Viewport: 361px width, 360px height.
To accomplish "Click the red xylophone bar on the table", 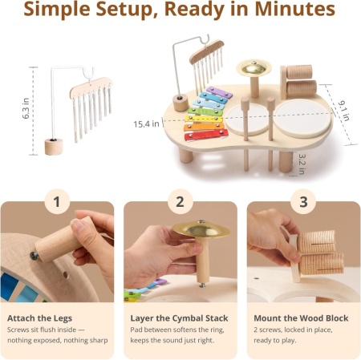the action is [x=206, y=135].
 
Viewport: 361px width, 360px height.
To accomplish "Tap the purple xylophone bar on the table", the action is [x=219, y=92].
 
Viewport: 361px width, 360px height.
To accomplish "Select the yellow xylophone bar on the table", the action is [x=205, y=119].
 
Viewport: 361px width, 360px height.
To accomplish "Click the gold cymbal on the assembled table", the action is [x=254, y=67].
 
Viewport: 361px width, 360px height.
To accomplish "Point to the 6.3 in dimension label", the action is [x=26, y=108].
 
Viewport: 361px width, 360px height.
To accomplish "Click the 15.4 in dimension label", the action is [x=146, y=124].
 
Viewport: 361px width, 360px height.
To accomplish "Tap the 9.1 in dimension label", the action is [x=344, y=111].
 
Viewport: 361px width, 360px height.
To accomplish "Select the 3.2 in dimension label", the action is [x=302, y=164].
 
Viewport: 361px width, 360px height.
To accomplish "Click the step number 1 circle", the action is [x=57, y=201].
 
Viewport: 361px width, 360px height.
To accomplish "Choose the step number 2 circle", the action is [x=180, y=201].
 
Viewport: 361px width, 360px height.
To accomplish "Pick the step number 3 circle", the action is [x=303, y=201].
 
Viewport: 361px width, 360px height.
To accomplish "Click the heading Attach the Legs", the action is [x=39, y=318].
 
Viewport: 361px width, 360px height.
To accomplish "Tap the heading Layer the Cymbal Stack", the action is [x=179, y=318].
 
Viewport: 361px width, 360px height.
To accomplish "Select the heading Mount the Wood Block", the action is [x=301, y=318].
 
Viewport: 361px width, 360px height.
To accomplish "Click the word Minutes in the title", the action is [x=295, y=9].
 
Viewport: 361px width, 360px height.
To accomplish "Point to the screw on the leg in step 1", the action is [x=34, y=256].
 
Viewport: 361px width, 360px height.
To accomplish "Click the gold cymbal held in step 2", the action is [x=201, y=229].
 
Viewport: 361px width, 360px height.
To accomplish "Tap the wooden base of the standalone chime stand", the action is [x=54, y=147].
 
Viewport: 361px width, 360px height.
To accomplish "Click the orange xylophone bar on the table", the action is [x=205, y=127].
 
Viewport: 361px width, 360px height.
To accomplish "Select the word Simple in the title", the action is [x=57, y=10].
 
